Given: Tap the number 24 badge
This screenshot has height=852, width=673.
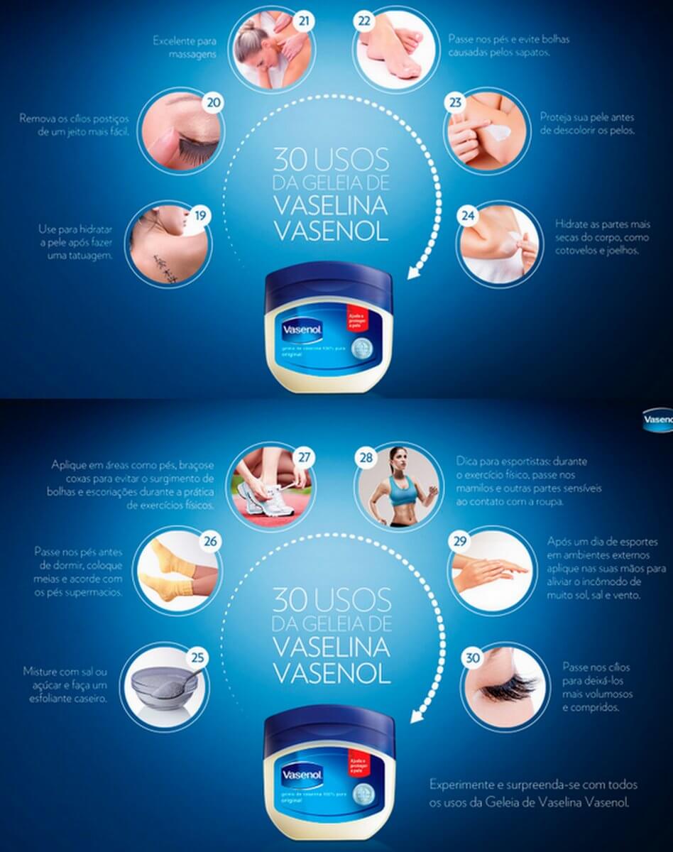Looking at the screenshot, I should [466, 216].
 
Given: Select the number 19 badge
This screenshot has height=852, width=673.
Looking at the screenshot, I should [202, 213].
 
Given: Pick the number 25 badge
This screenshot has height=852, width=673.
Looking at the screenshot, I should [198, 657].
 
